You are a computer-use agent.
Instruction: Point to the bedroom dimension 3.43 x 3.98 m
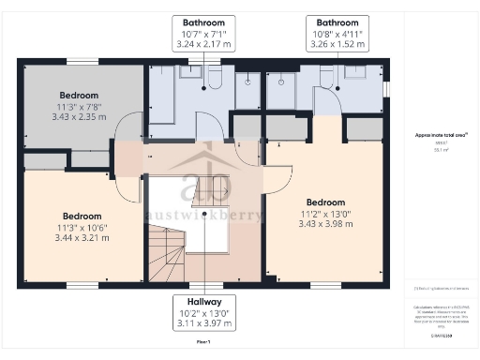pos(325,226)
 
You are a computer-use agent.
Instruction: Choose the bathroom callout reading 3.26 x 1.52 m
pos(336,43)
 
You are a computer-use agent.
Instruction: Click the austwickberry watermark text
pos(205,213)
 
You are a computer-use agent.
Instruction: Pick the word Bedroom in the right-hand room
pos(325,202)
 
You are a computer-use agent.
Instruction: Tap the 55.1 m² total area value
pos(438,149)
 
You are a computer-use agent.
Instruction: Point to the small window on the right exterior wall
pos(386,89)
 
